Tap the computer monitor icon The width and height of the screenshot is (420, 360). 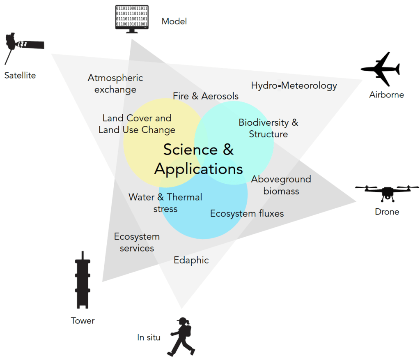click(x=131, y=18)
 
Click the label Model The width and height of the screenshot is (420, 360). click(x=174, y=21)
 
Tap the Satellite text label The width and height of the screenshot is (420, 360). click(x=20, y=76)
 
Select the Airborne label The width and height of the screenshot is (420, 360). click(x=386, y=95)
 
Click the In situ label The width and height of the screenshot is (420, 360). click(x=149, y=338)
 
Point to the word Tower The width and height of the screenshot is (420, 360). click(x=83, y=321)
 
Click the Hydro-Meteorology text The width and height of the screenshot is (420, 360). click(x=294, y=86)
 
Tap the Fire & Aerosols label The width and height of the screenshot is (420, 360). click(x=205, y=96)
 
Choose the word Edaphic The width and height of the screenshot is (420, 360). click(x=191, y=260)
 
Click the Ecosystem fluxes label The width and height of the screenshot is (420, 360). click(x=247, y=214)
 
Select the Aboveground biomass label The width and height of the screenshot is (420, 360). click(x=281, y=185)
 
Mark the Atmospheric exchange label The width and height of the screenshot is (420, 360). click(x=115, y=83)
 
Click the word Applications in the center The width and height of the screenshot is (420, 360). click(x=199, y=169)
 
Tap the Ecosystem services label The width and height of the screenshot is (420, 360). click(x=137, y=242)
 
